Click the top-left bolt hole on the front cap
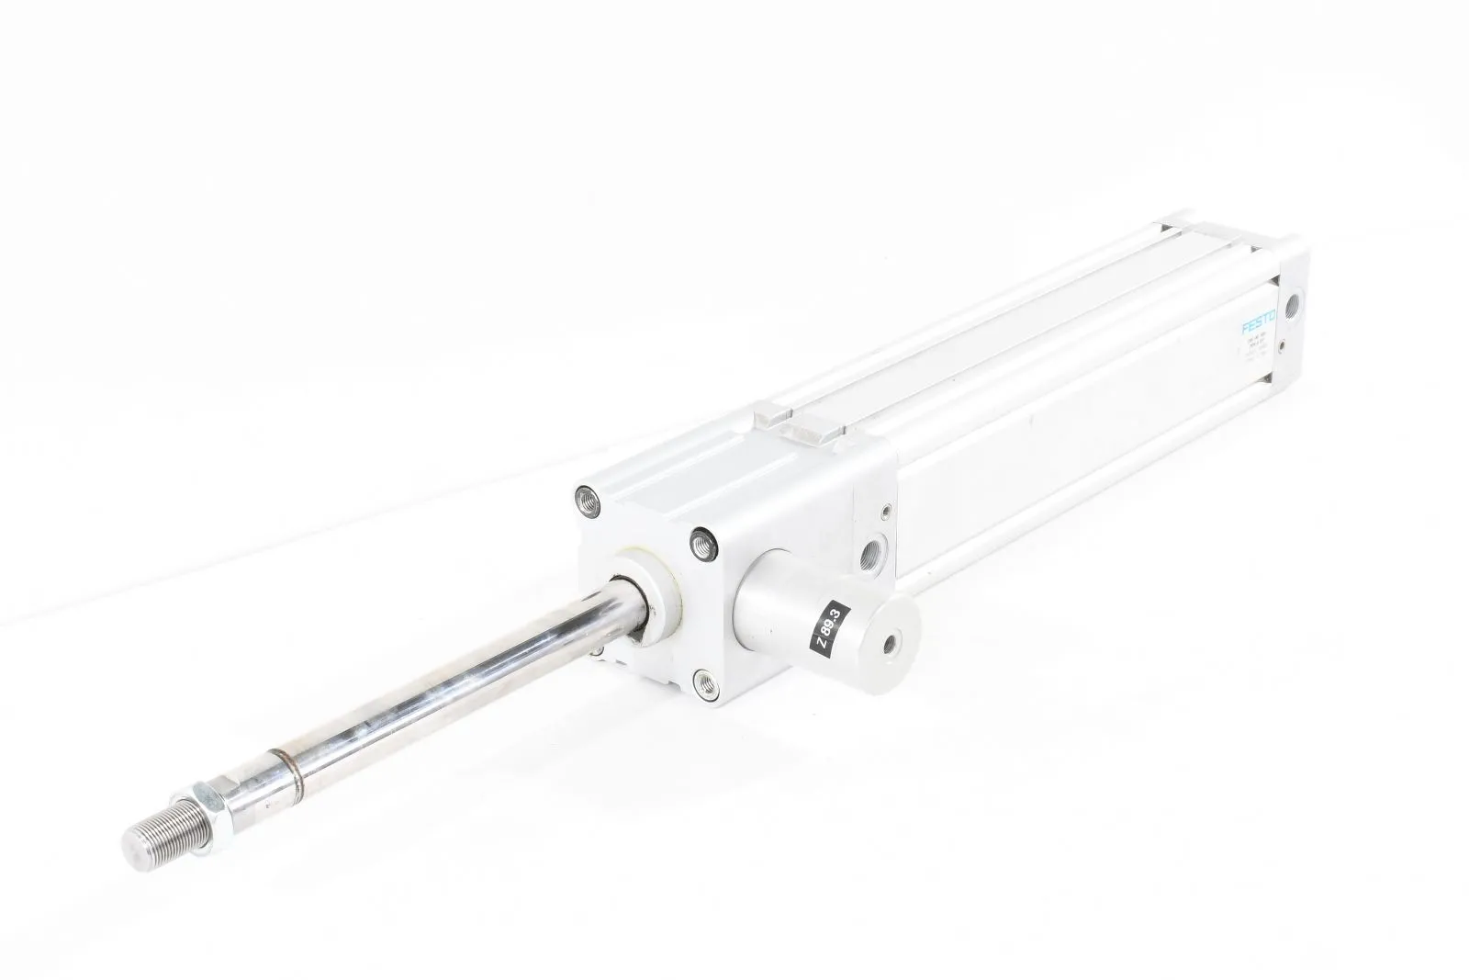tap(584, 500)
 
